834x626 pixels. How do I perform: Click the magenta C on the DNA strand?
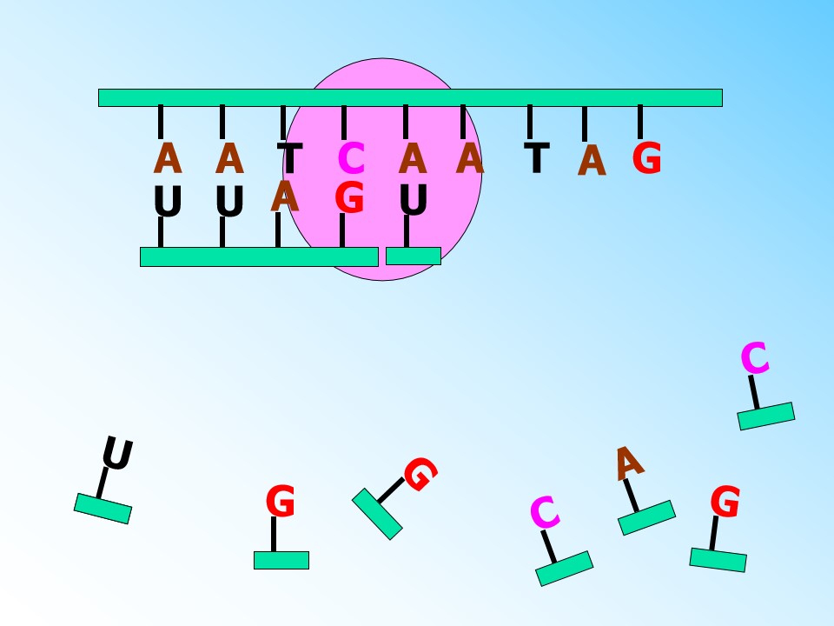tap(351, 158)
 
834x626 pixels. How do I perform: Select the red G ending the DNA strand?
tap(646, 157)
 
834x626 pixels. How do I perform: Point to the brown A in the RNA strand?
tap(285, 196)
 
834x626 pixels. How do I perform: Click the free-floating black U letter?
tap(117, 453)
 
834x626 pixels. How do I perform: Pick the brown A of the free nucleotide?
tap(629, 463)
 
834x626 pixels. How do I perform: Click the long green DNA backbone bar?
tap(410, 98)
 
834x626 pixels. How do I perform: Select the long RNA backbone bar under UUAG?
tap(259, 256)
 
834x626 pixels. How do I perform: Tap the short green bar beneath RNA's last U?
tap(414, 256)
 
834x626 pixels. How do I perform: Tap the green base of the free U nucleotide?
tap(103, 509)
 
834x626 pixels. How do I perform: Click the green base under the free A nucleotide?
tap(646, 517)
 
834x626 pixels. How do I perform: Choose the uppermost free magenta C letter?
tap(755, 357)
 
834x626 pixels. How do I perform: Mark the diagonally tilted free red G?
tap(420, 475)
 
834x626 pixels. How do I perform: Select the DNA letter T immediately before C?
tap(289, 158)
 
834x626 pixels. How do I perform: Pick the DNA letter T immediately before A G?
tap(537, 157)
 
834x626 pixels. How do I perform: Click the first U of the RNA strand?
tap(168, 201)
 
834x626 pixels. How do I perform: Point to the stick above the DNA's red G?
tap(640, 122)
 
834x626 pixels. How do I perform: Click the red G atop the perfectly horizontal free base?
tap(281, 501)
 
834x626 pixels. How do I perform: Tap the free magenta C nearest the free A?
tap(545, 512)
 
